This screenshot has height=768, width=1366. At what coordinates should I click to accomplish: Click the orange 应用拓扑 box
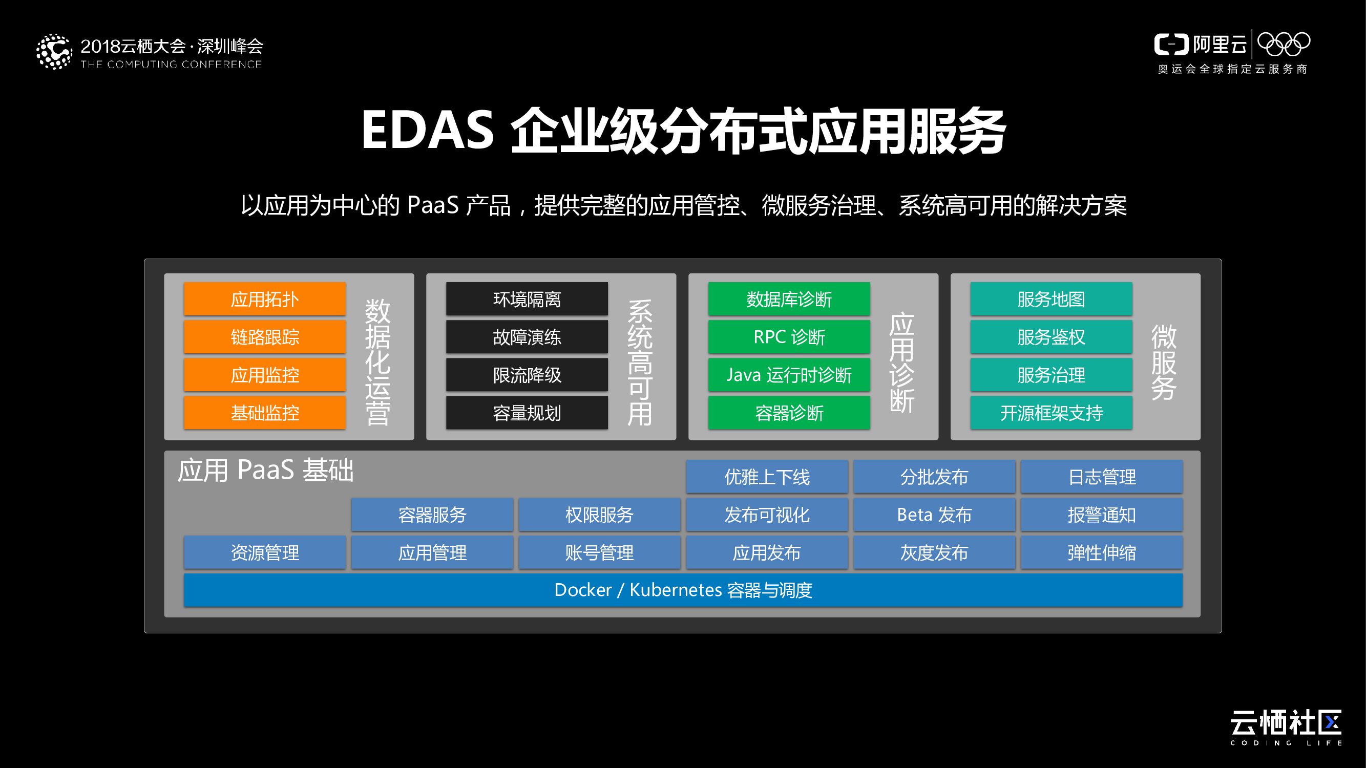265,300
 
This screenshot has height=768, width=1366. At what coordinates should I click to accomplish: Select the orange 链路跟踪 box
265,337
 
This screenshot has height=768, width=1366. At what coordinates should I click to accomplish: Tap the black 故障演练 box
527,337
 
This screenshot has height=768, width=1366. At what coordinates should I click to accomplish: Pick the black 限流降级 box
527,375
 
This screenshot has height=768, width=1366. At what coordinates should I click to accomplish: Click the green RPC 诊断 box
789,337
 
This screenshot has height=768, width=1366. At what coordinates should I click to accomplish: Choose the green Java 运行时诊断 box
789,375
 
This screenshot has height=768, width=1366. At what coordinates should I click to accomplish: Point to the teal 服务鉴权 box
1051,337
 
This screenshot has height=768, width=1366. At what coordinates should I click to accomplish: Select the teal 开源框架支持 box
1051,413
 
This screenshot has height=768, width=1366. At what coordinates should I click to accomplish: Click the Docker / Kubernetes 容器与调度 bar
683,590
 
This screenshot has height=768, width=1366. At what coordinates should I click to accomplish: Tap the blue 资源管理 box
265,553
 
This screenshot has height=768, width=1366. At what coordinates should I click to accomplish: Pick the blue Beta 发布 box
934,515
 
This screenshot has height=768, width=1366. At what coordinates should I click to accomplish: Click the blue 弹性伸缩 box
1102,553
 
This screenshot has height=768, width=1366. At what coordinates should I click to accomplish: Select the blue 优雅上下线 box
767,477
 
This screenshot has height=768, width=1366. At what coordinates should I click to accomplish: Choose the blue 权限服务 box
599,515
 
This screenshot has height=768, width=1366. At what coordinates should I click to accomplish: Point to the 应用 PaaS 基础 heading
265,470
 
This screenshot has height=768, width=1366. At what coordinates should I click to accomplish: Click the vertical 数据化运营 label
377,362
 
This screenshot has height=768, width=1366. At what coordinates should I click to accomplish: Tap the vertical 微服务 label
1164,362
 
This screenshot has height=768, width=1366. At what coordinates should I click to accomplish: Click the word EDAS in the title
427,131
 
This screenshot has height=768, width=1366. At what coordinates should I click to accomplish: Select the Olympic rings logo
1284,44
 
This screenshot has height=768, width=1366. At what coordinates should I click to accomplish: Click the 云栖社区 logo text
1286,722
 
